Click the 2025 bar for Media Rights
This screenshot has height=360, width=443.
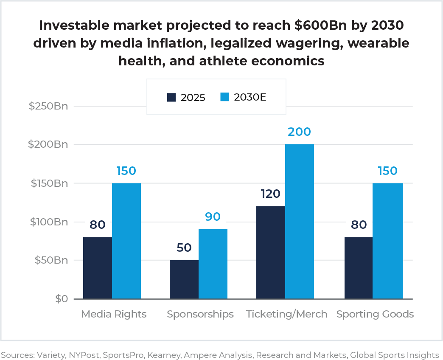98,268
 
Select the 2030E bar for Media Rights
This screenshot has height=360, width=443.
126,241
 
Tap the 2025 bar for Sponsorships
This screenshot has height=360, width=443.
184,279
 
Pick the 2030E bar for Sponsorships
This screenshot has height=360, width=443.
213,264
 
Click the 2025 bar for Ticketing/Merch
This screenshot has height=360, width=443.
271,253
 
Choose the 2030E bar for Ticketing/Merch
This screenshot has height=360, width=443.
300,222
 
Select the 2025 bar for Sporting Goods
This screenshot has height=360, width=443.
359,268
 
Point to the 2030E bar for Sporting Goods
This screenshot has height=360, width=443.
388,241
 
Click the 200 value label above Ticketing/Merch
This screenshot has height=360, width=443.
299,132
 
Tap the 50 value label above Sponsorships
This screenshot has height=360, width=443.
184,247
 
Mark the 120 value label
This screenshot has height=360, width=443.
270,194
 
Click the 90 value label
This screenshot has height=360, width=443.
213,217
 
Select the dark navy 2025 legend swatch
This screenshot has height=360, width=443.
171,97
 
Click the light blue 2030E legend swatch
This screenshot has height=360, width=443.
225,97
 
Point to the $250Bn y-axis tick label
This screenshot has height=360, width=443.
48,106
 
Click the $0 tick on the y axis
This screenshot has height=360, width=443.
62,299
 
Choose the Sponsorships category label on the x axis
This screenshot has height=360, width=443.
200,314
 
